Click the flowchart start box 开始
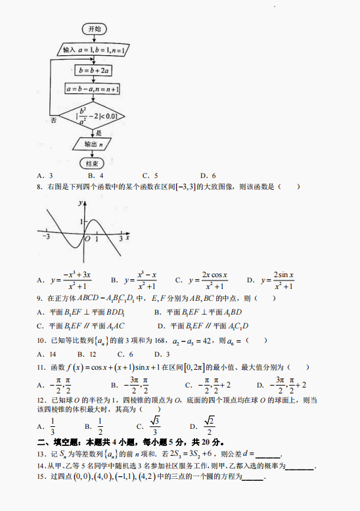click(93, 30)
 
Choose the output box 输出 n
click(93, 143)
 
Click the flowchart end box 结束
click(93, 164)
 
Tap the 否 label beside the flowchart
click(53, 121)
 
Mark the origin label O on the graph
click(87, 238)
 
